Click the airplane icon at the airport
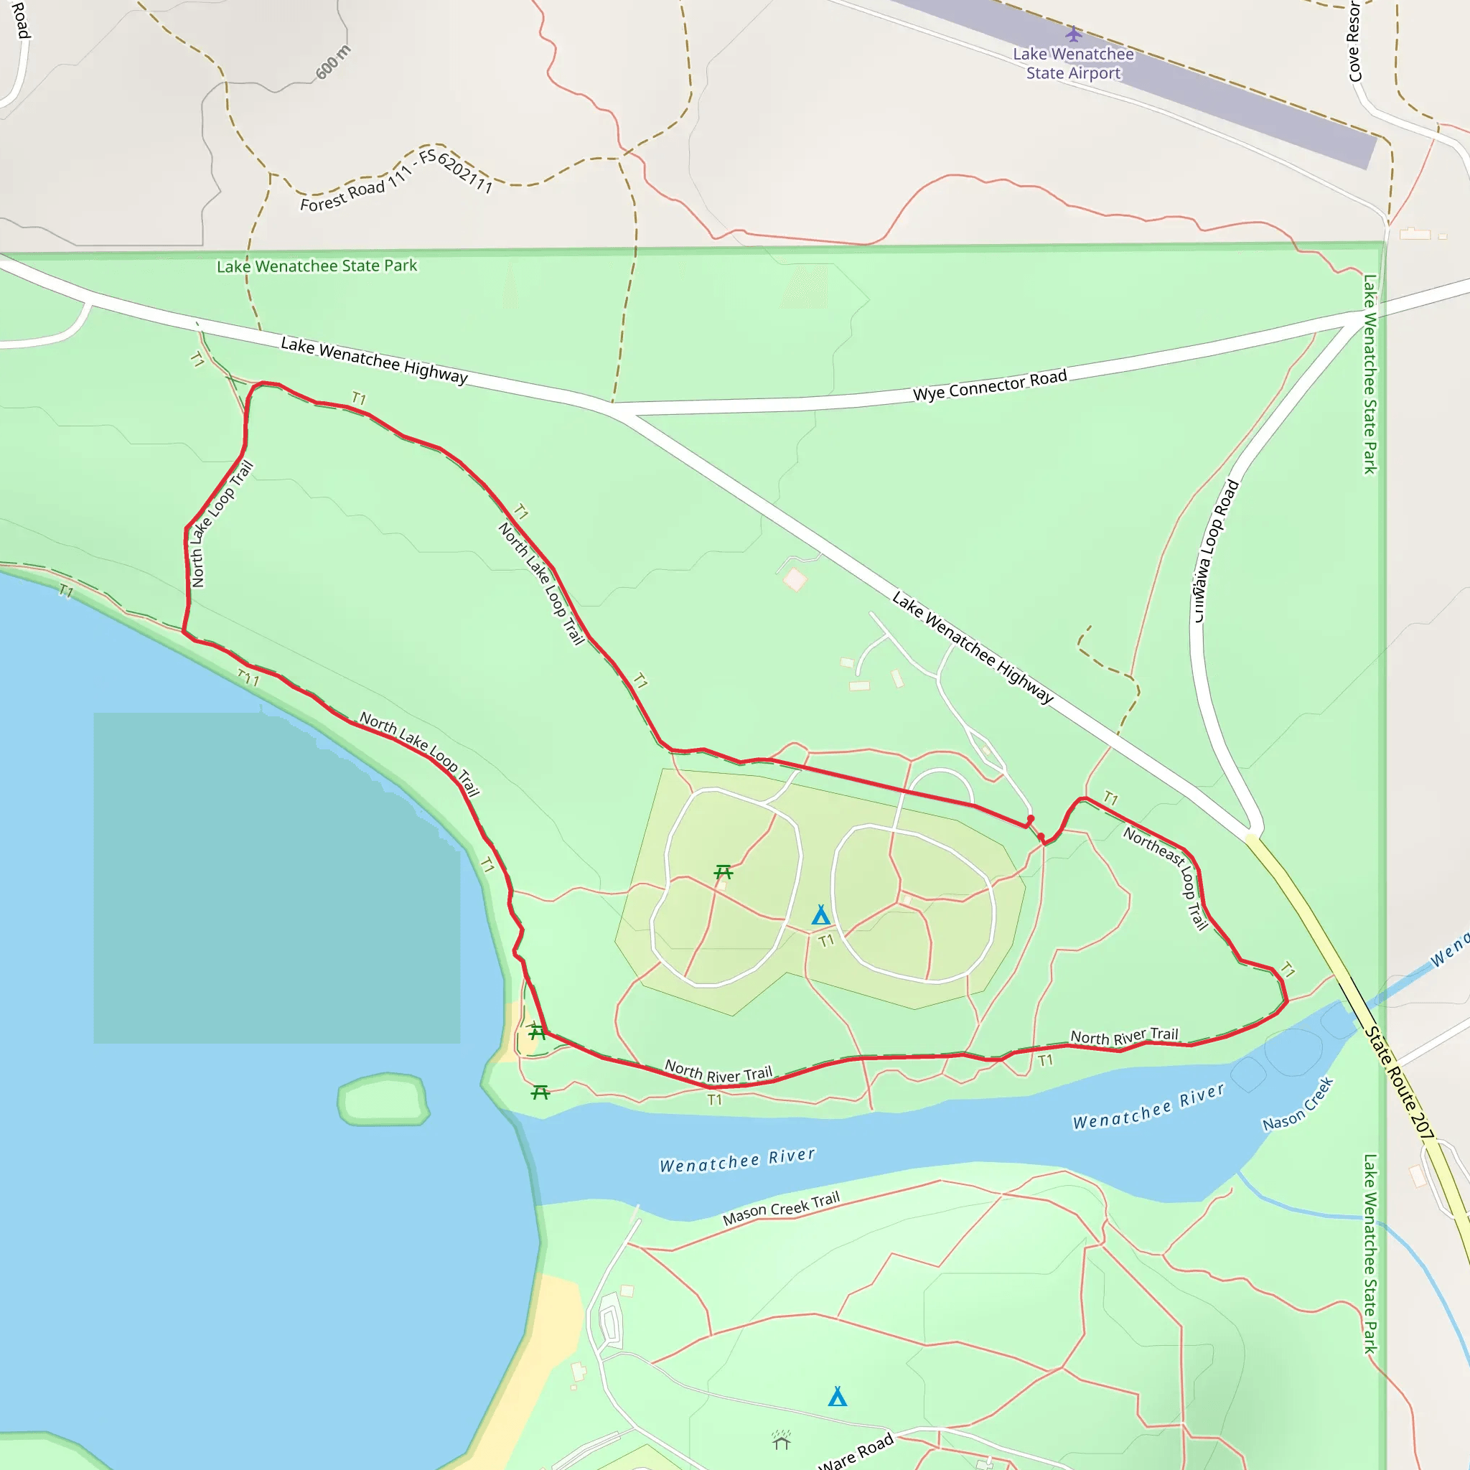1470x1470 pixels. (1073, 34)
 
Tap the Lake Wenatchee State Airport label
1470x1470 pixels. (1073, 64)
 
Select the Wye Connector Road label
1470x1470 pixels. (989, 385)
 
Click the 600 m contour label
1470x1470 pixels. (333, 62)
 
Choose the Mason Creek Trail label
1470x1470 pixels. (781, 1208)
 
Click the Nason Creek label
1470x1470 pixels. (1298, 1104)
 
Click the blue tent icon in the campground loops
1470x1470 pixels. (820, 915)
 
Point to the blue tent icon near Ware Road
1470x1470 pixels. (837, 1396)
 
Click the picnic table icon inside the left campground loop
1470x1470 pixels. (723, 872)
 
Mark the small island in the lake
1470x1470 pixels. (383, 1099)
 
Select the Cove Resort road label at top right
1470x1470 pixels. (1354, 42)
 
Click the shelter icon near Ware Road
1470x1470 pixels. (782, 1441)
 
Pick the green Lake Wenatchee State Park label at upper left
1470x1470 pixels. (317, 266)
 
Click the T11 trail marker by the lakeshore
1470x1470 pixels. (248, 678)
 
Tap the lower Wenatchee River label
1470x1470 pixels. (736, 1161)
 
